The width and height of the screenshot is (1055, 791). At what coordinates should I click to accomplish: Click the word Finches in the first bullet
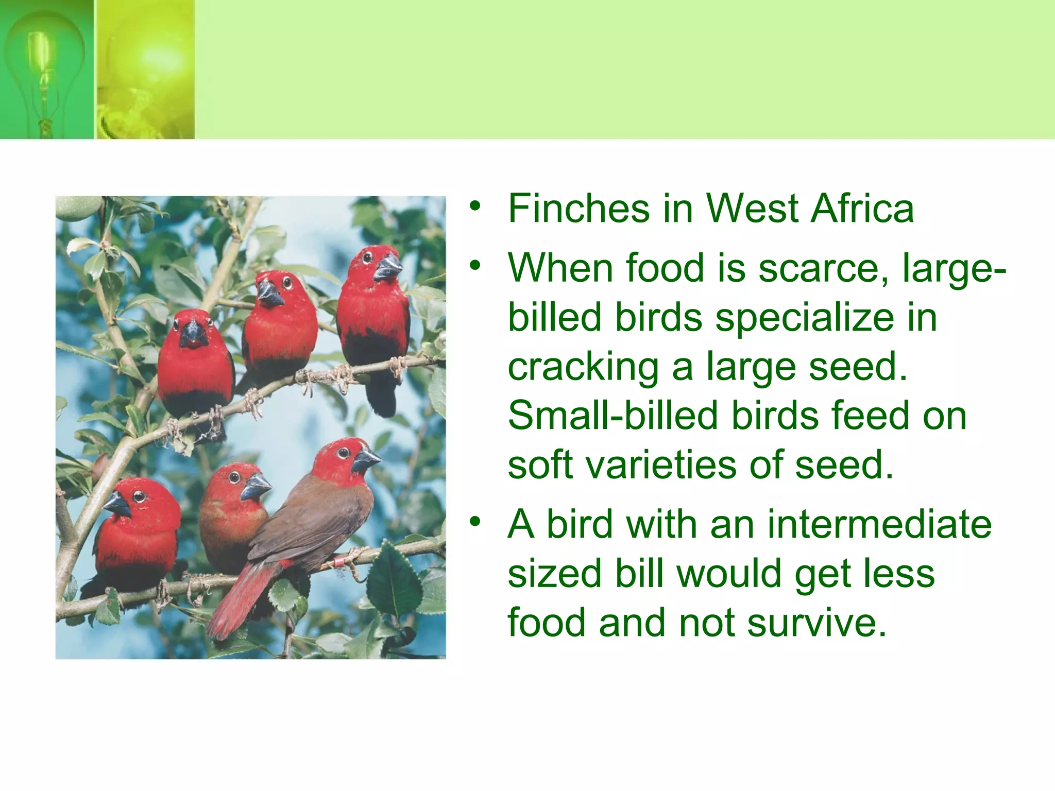(x=578, y=209)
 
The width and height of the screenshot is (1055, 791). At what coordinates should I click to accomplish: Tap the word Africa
(x=862, y=209)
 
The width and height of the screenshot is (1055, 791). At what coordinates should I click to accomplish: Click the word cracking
(x=583, y=367)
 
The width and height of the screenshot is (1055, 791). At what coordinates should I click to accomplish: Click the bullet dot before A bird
(x=474, y=522)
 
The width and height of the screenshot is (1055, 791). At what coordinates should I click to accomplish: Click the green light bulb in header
(x=45, y=67)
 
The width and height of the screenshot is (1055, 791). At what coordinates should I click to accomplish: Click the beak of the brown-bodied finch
(x=366, y=460)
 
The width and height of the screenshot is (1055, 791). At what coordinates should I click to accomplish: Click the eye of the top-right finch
(x=366, y=256)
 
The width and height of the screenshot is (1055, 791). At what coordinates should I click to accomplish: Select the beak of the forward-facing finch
(x=193, y=334)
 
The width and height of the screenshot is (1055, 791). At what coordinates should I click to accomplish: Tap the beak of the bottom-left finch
(x=118, y=504)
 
